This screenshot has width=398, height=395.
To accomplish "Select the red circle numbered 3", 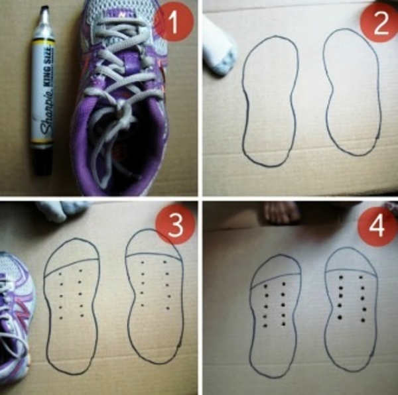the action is click(176, 225).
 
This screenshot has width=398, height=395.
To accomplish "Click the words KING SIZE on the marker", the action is click(50, 65).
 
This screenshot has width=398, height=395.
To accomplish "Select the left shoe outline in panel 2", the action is click(242, 101).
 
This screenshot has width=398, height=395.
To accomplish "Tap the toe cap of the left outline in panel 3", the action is click(72, 254).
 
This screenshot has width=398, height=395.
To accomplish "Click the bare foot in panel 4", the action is click(282, 213).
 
